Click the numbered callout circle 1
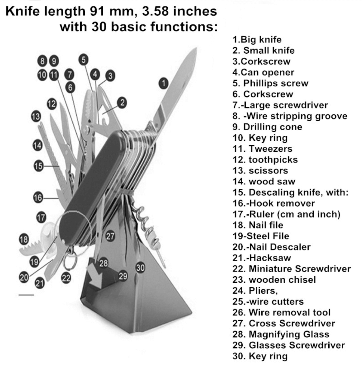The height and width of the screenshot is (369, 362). [163, 83]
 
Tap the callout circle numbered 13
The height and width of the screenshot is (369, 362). [36, 116]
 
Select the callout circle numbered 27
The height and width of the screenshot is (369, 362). [110, 236]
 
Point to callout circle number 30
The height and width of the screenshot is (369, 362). [141, 267]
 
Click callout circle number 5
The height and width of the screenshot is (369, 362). [83, 60]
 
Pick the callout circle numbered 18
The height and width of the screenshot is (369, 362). [24, 240]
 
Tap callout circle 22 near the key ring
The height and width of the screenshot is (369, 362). [66, 278]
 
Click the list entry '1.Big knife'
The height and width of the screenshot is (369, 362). [257, 40]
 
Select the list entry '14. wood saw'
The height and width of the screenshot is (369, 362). [264, 181]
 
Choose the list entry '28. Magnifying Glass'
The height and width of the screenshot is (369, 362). [281, 334]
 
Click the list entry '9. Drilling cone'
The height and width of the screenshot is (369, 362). [267, 127]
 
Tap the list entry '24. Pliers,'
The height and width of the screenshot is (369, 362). [255, 290]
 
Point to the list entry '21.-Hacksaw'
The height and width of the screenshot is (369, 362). [262, 258]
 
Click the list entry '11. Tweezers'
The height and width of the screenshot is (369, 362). [262, 149]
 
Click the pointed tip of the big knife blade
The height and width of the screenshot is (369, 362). [196, 49]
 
